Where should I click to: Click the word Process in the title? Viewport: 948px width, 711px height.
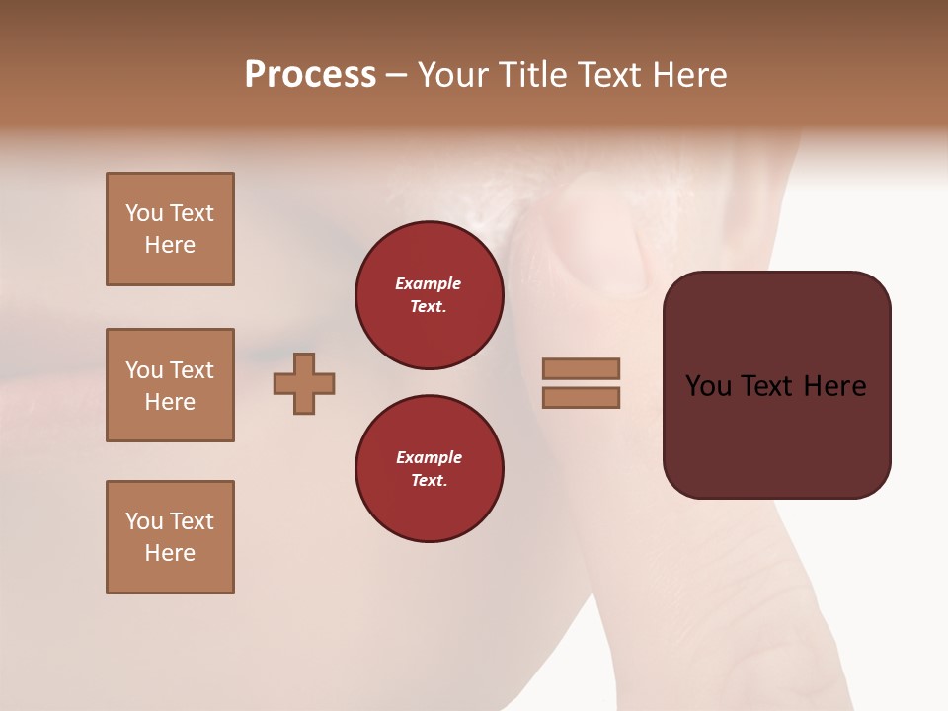coord(310,75)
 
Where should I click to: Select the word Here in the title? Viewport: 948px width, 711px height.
coord(688,75)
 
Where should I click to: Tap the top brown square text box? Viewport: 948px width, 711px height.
coord(170,229)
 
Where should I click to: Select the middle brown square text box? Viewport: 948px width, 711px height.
coord(170,385)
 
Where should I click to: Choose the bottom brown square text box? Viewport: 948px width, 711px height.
coord(170,537)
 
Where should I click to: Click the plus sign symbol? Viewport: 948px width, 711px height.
coord(304,383)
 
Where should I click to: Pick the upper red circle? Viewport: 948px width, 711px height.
coord(430,295)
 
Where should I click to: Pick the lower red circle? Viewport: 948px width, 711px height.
coord(430,469)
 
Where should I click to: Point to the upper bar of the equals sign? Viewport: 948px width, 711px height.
coord(582,369)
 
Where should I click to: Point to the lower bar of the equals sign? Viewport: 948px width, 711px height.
coord(582,397)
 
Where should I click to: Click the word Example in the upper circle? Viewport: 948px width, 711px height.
coord(429,283)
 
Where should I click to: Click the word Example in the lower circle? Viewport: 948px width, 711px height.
coord(429,457)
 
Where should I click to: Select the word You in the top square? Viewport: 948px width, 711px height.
coord(144,213)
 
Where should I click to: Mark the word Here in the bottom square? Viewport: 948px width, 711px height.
coord(170,553)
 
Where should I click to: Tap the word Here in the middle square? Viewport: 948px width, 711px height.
coord(170,402)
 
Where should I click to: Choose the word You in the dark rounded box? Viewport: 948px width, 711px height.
coord(708,386)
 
